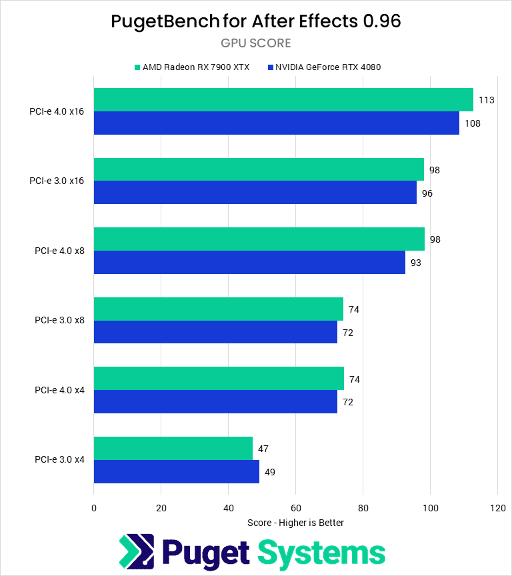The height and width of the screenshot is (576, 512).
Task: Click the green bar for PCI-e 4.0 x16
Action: pyautogui.click(x=283, y=100)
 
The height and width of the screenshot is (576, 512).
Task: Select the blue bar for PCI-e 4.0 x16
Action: pyautogui.click(x=277, y=123)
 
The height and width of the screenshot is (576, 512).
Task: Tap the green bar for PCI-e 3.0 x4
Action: pyautogui.click(x=173, y=449)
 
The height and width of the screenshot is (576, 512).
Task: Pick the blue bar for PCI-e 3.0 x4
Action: pyautogui.click(x=177, y=472)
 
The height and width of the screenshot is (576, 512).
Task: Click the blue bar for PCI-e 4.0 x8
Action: pyautogui.click(x=249, y=263)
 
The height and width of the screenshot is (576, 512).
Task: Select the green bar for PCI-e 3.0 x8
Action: pyautogui.click(x=219, y=309)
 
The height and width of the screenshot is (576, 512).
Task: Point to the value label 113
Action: pyautogui.click(x=486, y=100)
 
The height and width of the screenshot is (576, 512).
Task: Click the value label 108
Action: pyautogui.click(x=473, y=123)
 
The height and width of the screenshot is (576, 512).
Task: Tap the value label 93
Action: pyautogui.click(x=416, y=263)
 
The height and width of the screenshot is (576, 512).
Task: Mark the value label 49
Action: pyautogui.click(x=270, y=472)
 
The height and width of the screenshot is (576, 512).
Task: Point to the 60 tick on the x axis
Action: pyautogui.click(x=296, y=509)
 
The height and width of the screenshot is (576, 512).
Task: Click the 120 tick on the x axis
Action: pyautogui.click(x=497, y=509)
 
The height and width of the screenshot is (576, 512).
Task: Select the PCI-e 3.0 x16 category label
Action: pyautogui.click(x=57, y=181)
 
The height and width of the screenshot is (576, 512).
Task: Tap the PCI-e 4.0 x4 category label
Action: pyautogui.click(x=59, y=390)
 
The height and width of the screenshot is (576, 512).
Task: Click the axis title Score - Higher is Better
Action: pyautogui.click(x=295, y=523)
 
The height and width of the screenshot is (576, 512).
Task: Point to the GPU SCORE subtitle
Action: pyautogui.click(x=256, y=43)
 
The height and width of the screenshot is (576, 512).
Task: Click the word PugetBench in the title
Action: pyautogui.click(x=165, y=21)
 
